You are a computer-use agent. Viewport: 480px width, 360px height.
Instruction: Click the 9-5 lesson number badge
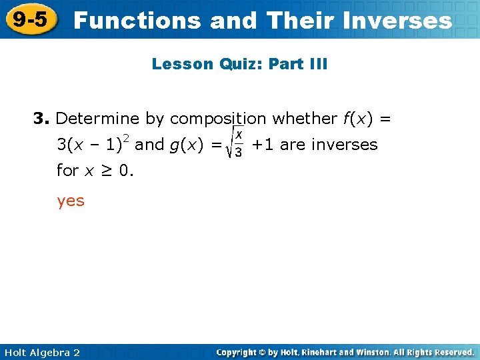coord(30,19)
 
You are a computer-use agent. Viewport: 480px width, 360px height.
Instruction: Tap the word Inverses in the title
coord(399,21)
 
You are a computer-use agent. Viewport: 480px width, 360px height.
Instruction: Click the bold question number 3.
coord(41,119)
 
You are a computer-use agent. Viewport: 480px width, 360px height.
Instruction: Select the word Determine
coord(98,119)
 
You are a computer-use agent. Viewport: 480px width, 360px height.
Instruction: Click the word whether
coord(305,119)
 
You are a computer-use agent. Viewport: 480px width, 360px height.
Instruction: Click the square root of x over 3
coord(236,145)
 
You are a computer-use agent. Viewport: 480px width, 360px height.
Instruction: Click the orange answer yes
coord(71,200)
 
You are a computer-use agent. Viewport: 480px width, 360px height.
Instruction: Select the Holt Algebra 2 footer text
coord(41,352)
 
